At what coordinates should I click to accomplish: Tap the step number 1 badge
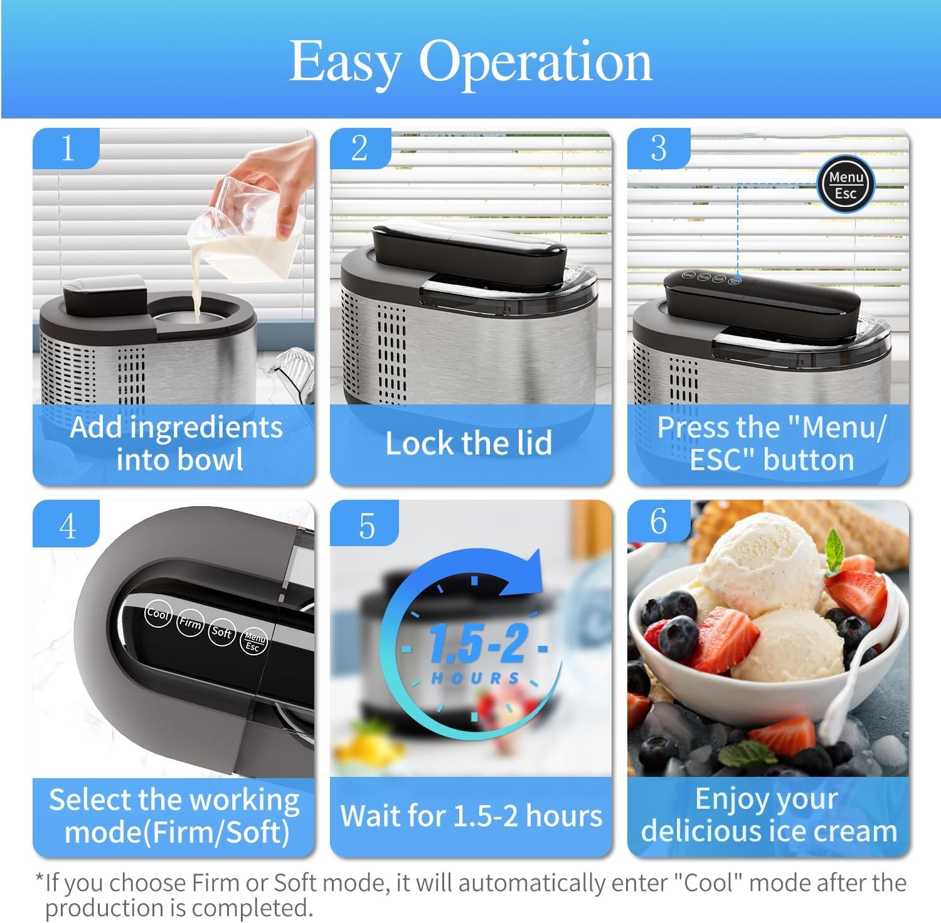click(x=66, y=148)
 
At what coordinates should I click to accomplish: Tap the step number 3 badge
click(x=659, y=148)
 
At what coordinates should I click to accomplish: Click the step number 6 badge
click(x=659, y=521)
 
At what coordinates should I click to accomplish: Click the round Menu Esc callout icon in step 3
click(x=845, y=185)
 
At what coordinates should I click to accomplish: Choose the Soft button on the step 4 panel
click(x=221, y=632)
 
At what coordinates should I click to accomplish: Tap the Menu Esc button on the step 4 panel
click(x=253, y=641)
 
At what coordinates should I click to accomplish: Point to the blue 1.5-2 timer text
click(x=477, y=643)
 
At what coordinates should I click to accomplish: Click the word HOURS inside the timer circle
click(x=476, y=678)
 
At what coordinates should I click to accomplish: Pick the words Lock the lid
click(x=469, y=443)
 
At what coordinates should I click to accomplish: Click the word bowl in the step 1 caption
click(x=212, y=460)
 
